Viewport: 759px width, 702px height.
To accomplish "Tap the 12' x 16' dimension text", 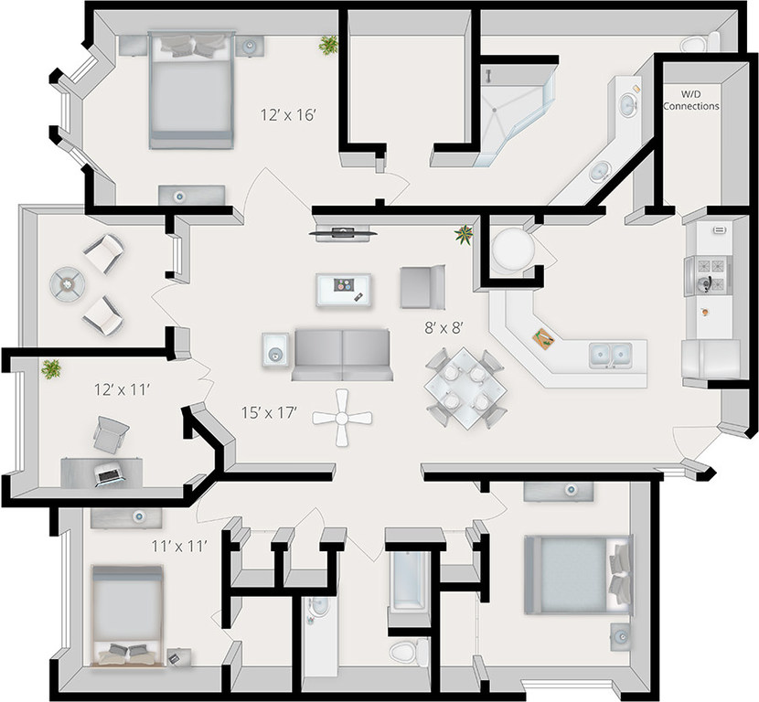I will coord(288,116).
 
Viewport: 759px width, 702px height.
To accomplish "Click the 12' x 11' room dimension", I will coord(122,390).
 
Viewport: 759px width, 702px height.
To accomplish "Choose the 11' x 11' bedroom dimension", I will coord(179,546).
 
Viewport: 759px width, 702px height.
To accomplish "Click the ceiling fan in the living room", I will coord(343,418).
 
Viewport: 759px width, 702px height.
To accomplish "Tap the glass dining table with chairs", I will coord(465,387).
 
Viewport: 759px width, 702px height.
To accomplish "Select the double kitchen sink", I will coord(609,353).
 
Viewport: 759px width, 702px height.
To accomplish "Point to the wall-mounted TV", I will coord(342,231).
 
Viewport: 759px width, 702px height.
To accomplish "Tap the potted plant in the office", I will coord(51,368).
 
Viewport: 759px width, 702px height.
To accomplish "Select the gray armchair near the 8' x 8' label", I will coord(422,285).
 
